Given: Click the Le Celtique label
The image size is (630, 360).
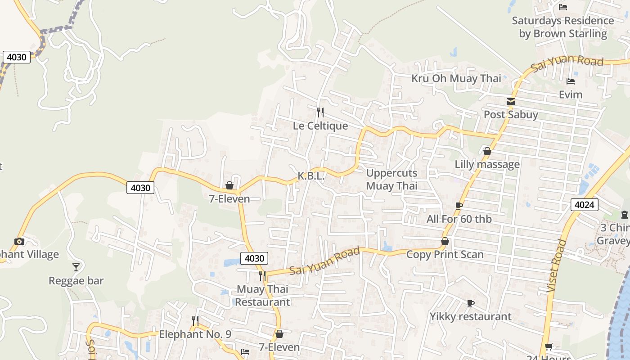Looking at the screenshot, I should coord(320,126).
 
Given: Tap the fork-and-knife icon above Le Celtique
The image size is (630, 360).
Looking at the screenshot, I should coord(320,112).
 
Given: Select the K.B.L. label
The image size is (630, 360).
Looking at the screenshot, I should coord(311,176).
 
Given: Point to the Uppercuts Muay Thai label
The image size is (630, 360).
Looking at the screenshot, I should coord(391,179).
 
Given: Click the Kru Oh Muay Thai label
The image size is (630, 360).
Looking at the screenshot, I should coord(456,78).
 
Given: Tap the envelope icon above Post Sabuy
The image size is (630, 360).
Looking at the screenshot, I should coord(511,102).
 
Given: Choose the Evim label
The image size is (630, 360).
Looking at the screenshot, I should coord(571,94).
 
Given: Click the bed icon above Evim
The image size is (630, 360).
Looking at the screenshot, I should coord(571,81).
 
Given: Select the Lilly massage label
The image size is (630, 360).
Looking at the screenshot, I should coord(487,164).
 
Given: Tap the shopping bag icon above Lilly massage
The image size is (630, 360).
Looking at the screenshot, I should coord(487,151).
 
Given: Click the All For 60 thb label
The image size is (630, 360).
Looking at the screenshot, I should coord(459,219).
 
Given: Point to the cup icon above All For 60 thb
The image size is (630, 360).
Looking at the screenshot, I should coord(459,206).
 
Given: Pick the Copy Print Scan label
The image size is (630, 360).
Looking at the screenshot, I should coord(445,254).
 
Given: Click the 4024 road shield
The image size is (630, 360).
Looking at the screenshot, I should coord(585,205).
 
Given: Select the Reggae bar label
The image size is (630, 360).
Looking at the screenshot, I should coord(76,281).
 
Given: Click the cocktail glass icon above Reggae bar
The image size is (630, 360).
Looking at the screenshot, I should coord(76,267).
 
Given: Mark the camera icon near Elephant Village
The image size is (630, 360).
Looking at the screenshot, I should coord(19,241).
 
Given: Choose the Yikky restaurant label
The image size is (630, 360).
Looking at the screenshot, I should coord(470,316).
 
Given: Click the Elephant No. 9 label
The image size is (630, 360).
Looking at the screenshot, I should coord(195,334).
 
